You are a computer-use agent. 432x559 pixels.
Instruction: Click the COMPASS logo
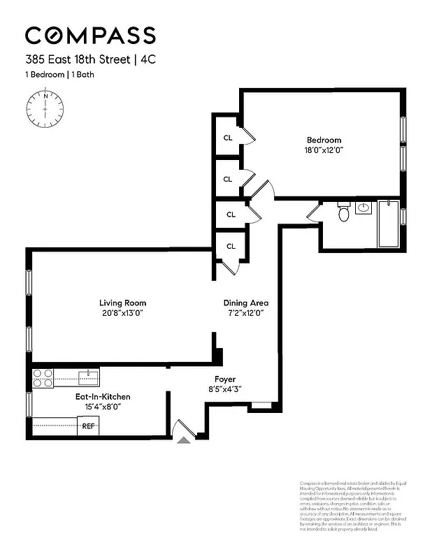click(90, 35)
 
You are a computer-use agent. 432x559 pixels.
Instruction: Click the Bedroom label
click(324, 140)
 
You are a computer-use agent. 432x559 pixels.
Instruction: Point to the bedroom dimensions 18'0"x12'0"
click(324, 150)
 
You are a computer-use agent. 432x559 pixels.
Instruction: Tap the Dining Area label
click(245, 303)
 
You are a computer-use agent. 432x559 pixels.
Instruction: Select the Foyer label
click(224, 379)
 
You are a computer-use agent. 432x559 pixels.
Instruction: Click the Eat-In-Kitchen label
click(103, 397)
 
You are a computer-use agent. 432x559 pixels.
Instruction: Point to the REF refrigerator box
click(88, 426)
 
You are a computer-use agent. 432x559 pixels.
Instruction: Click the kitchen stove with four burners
click(43, 378)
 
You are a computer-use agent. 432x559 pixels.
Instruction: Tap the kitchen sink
click(88, 378)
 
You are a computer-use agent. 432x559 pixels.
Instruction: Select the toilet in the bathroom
click(343, 212)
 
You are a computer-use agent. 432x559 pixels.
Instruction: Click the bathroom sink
click(363, 208)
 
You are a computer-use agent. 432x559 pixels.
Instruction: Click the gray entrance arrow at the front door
click(184, 440)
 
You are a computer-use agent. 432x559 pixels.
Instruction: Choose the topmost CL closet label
click(228, 138)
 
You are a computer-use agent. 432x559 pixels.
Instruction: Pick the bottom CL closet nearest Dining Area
click(231, 246)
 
